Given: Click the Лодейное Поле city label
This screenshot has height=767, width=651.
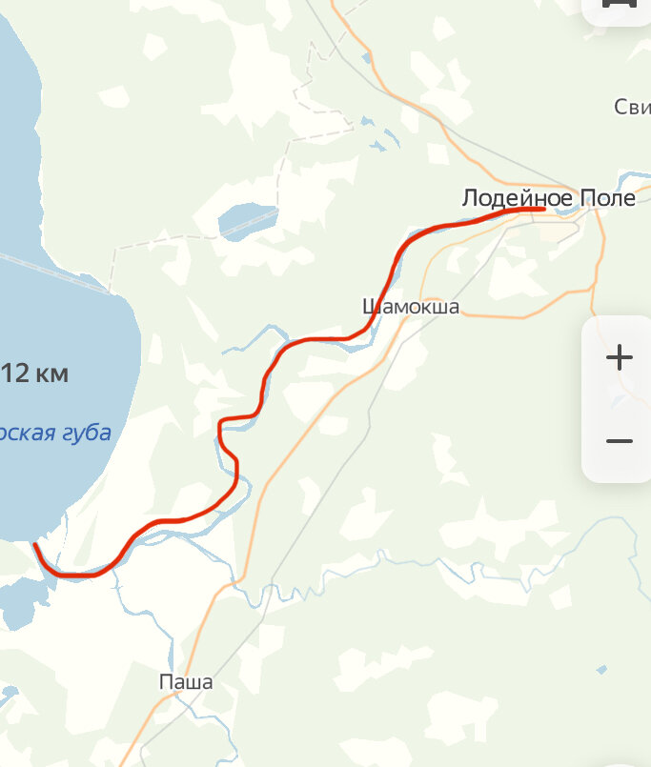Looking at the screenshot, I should coord(547,198).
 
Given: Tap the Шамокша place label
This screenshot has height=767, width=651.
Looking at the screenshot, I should coord(411,307).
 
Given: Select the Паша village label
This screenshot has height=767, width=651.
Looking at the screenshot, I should coord(186,682).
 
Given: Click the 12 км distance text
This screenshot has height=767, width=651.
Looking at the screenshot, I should coord(35,373).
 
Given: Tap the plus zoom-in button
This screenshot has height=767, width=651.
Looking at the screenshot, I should coord(620,358).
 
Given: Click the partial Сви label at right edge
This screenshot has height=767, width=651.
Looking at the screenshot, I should coord(632,107).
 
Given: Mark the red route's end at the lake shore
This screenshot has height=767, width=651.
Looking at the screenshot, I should coord(35,545).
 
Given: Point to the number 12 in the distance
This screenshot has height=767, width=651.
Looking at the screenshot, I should coord(16,373).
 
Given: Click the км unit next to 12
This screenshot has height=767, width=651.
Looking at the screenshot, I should coord(51,373).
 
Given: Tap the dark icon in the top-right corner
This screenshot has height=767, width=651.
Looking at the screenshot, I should coord(620,5).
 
